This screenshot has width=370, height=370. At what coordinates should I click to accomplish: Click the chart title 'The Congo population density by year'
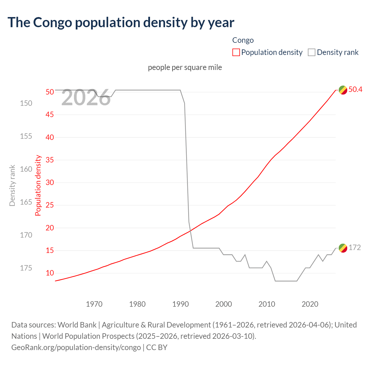pyautogui.click(x=121, y=23)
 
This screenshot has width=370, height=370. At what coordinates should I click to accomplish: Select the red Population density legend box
pyautogui.click(x=236, y=52)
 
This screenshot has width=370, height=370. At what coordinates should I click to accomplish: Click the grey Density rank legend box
pyautogui.click(x=312, y=52)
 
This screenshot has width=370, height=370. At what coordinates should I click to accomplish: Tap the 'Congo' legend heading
pyautogui.click(x=243, y=40)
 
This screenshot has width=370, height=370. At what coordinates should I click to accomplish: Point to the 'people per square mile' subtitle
pyautogui.click(x=185, y=67)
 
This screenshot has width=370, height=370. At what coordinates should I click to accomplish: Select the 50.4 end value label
pyautogui.click(x=355, y=90)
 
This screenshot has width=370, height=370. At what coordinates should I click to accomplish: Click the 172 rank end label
pyautogui.click(x=355, y=248)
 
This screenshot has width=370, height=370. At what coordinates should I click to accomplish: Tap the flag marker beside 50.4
pyautogui.click(x=343, y=90)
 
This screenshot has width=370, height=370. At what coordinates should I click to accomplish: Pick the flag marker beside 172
pyautogui.click(x=343, y=248)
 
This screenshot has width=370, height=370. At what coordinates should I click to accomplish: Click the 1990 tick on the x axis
pyautogui.click(x=180, y=304)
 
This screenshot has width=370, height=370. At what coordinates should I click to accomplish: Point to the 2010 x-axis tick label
pyautogui.click(x=267, y=304)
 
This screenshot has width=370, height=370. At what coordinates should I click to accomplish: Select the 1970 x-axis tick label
pyautogui.click(x=94, y=304)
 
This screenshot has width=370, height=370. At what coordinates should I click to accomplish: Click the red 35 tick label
pyautogui.click(x=50, y=160)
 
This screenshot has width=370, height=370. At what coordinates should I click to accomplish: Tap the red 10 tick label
pyautogui.click(x=50, y=273)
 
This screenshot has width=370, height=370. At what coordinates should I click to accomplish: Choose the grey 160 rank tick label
pyautogui.click(x=26, y=169)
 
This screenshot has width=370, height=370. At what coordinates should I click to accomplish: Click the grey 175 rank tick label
pyautogui.click(x=26, y=268)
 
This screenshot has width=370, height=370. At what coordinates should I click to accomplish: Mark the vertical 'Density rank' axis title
pyautogui.click(x=12, y=186)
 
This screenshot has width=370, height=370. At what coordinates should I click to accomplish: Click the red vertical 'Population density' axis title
pyautogui.click(x=38, y=186)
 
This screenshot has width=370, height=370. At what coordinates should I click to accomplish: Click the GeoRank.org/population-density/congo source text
pyautogui.click(x=76, y=347)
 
